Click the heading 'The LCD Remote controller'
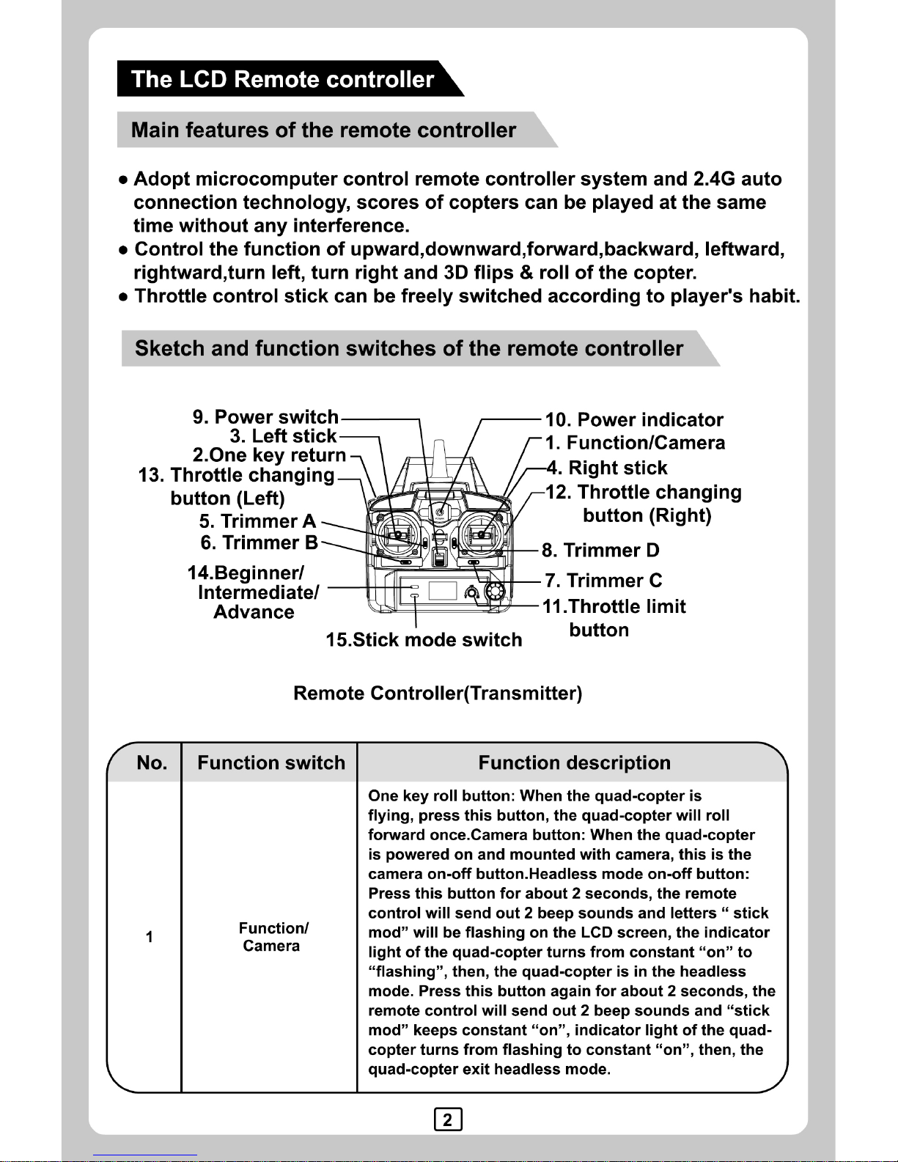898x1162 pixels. (x=282, y=79)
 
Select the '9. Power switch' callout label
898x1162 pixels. (x=265, y=417)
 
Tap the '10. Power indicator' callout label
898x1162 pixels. (x=634, y=420)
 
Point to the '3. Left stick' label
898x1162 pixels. (x=283, y=436)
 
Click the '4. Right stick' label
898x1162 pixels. (x=607, y=468)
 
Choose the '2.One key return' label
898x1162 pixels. (x=269, y=455)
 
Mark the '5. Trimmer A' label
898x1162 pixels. (x=257, y=521)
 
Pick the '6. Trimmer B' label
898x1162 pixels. (x=260, y=543)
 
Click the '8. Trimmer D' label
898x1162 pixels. (x=600, y=551)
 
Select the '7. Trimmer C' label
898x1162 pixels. (x=603, y=581)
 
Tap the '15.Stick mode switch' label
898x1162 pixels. (x=424, y=640)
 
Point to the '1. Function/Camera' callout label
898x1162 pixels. (x=636, y=443)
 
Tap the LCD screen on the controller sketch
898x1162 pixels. (x=443, y=590)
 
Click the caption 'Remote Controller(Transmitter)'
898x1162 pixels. (x=438, y=694)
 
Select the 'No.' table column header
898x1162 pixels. (x=152, y=763)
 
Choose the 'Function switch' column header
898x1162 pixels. (x=271, y=763)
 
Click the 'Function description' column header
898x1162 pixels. (x=574, y=763)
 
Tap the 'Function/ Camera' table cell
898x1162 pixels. (x=273, y=937)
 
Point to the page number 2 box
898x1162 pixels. (x=448, y=1119)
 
